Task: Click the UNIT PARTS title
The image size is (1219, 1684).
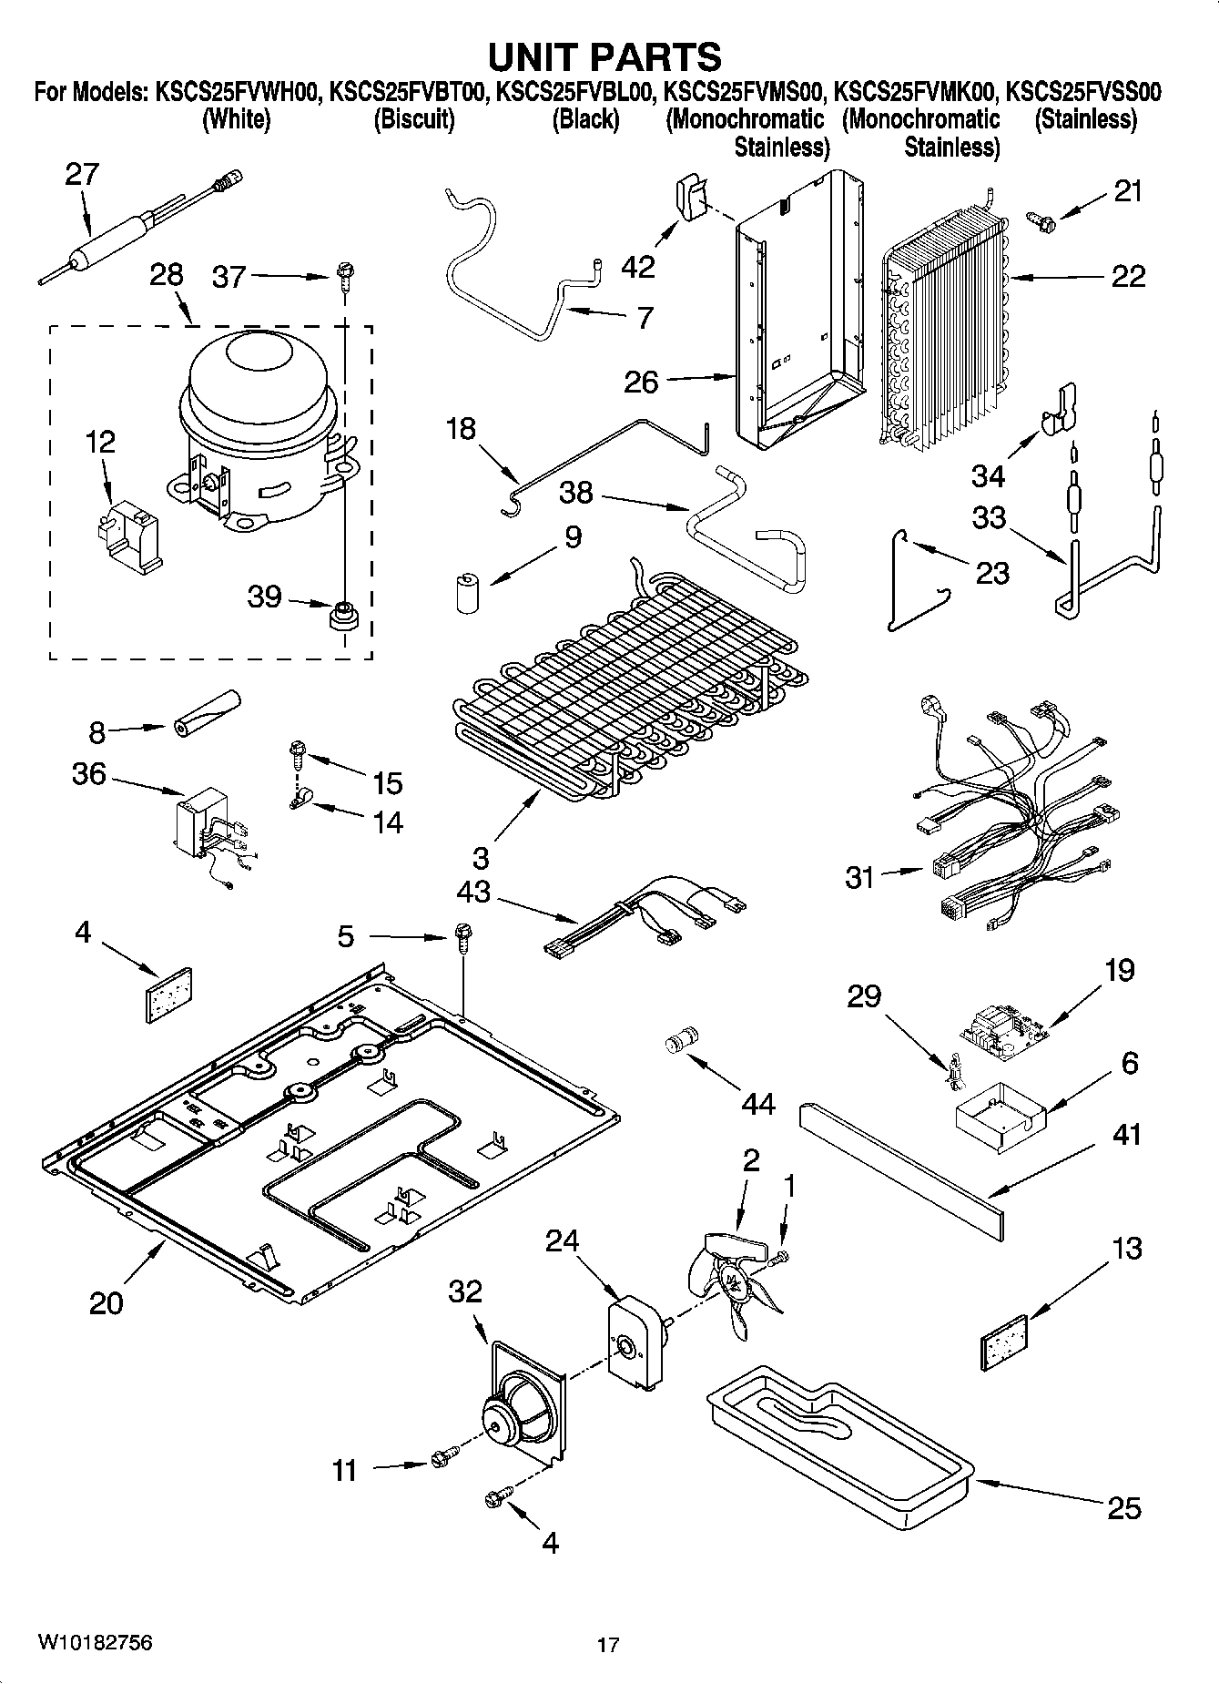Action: pos(605,56)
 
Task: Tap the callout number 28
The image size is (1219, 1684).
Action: pos(167,274)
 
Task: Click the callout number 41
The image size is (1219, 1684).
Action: pos(1127,1135)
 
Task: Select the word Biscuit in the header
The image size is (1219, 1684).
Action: pos(414,119)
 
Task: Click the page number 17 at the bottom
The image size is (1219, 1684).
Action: pos(608,1645)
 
